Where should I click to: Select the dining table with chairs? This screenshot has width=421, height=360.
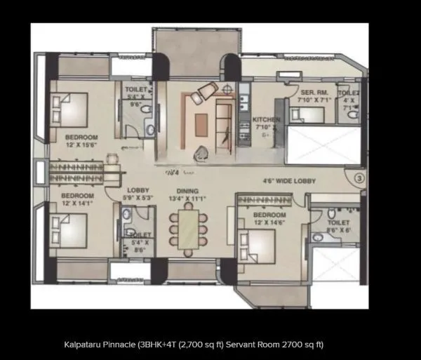tap(187, 229)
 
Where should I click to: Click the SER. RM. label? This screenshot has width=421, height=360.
tap(311, 92)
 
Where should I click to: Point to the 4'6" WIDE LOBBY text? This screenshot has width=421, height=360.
tap(289, 181)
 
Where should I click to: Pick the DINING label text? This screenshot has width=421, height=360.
tap(187, 191)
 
